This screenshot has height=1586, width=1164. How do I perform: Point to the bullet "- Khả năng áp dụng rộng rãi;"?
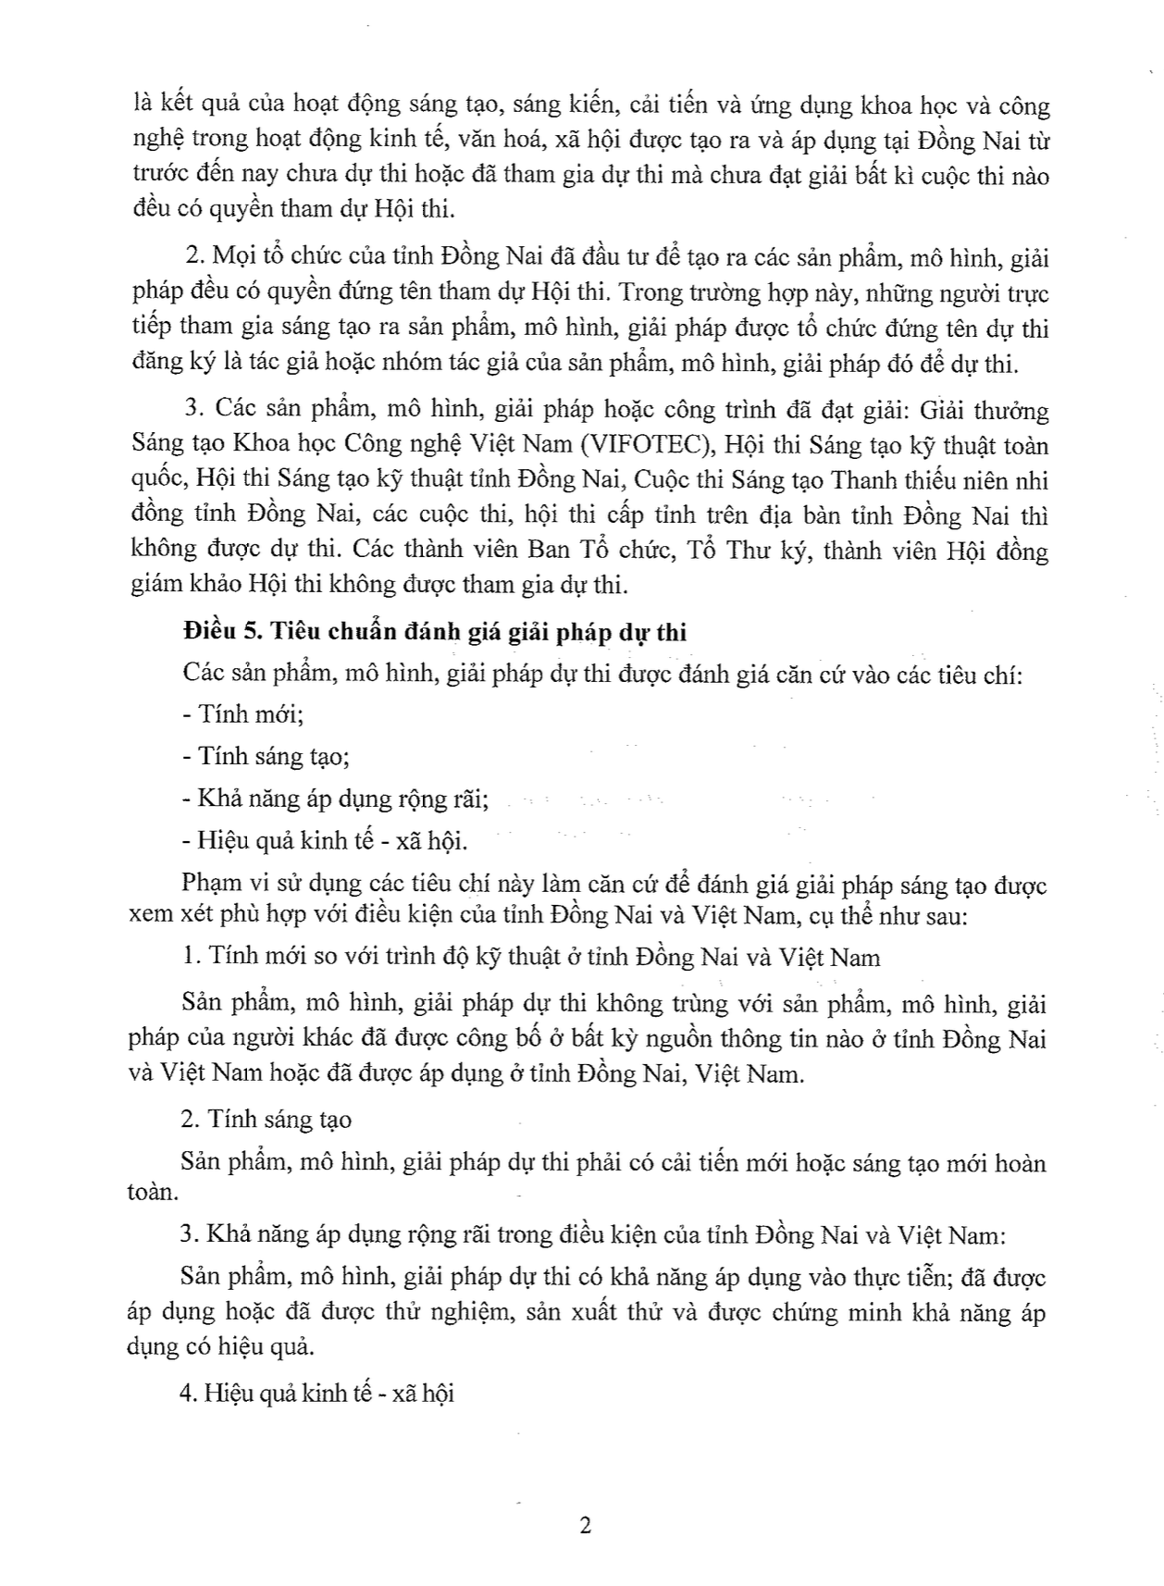(x=335, y=799)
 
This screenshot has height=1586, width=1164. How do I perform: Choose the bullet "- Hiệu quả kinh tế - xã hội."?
(x=325, y=840)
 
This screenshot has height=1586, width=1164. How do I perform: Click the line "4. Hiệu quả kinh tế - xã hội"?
(x=317, y=1394)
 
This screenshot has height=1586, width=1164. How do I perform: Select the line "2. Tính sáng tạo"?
(x=266, y=1120)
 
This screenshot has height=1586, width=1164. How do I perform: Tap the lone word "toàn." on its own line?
(x=153, y=1191)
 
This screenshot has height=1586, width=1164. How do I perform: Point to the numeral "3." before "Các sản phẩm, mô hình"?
(x=193, y=410)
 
